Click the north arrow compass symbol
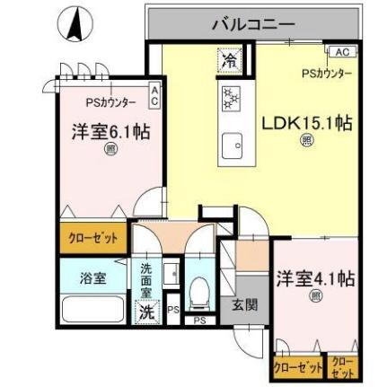75,24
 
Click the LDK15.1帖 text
305,124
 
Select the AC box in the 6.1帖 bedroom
154,96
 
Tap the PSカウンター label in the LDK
326,73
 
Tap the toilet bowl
202,291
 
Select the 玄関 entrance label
243,304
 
